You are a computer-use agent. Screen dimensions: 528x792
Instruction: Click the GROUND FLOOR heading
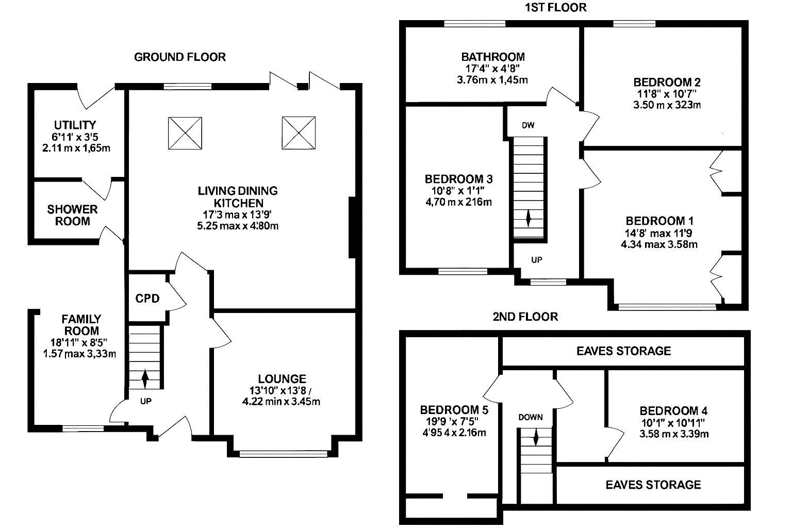[180, 57]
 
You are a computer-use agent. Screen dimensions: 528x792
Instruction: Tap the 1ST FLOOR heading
[555, 7]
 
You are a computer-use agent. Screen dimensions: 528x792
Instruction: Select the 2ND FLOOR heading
[525, 316]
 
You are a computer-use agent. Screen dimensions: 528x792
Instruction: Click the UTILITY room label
[75, 125]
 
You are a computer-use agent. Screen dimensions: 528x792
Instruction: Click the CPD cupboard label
[147, 299]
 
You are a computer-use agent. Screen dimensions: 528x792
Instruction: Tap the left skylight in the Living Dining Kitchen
[185, 133]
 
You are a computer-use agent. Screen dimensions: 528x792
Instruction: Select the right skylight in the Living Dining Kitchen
[299, 133]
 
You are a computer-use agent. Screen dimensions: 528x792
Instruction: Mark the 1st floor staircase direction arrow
[528, 217]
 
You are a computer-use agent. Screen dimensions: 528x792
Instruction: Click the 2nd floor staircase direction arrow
[535, 438]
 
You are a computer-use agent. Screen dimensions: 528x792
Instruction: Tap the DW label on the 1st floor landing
[527, 125]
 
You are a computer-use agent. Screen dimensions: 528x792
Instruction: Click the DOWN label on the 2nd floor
[531, 417]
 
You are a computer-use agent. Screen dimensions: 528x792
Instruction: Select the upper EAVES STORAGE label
[623, 351]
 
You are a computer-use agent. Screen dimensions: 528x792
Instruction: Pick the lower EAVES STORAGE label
[653, 485]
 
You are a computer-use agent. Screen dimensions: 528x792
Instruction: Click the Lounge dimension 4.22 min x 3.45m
[281, 401]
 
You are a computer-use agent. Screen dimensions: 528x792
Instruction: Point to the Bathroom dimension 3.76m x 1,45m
[493, 80]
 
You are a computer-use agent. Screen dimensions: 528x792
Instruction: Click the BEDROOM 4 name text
[673, 411]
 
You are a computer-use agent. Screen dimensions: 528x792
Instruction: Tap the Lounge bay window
[284, 454]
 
